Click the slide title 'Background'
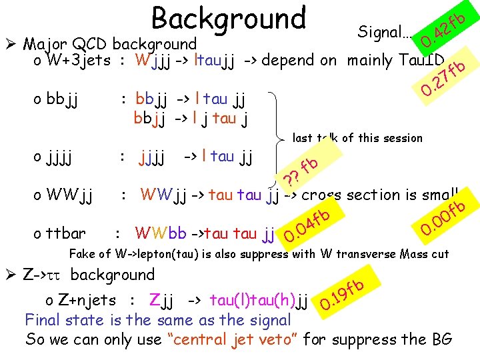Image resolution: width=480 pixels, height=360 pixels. point(228,19)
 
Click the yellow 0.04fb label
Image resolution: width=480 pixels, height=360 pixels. point(307,227)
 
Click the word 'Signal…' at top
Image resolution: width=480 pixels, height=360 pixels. point(385,31)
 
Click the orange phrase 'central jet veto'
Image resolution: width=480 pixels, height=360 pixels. point(243,339)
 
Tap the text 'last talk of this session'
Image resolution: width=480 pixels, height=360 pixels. point(358,138)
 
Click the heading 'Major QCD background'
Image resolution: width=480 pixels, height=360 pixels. point(110,45)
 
